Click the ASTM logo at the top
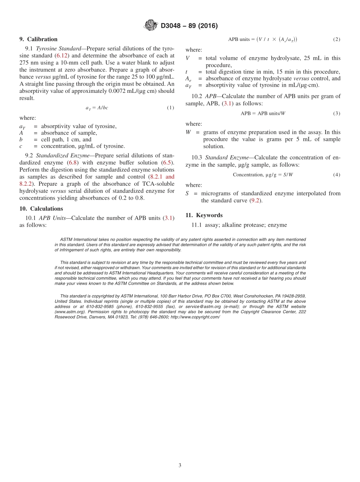coord(151,25)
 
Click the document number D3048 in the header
coord(173,26)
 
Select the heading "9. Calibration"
coord(39,39)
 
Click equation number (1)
coord(171,108)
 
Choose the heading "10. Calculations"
coord(41,209)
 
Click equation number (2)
coord(337,39)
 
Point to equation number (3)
coord(337,114)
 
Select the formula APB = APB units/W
coord(263,114)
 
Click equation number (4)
coord(337,175)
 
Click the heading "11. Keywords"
coord(204,215)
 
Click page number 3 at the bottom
coord(180,465)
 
